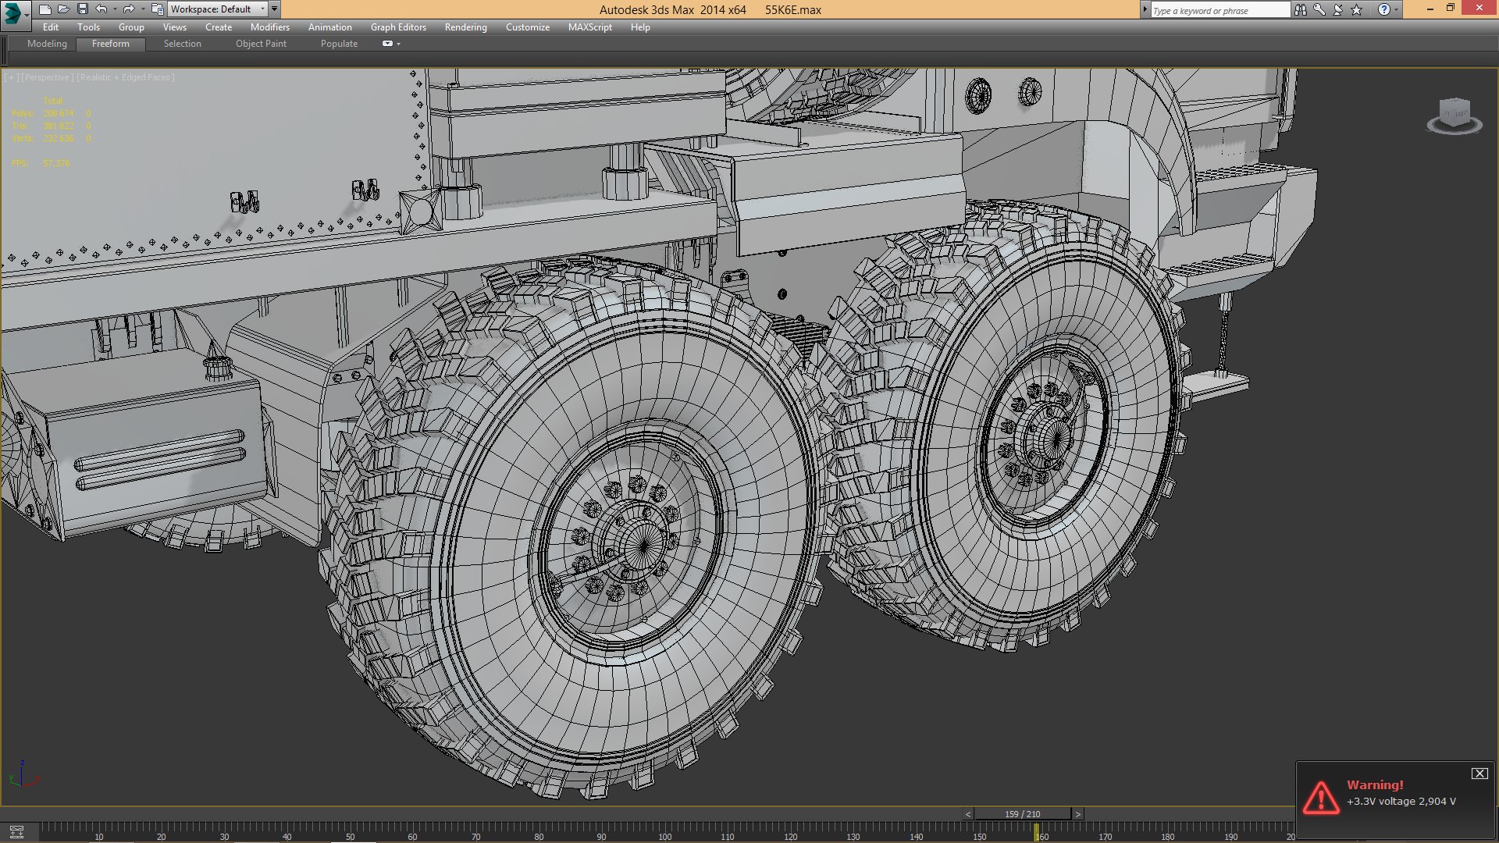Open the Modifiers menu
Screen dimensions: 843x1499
click(269, 27)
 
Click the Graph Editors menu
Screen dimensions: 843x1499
click(398, 27)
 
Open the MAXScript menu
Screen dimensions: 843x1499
click(589, 27)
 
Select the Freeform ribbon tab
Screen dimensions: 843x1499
click(111, 44)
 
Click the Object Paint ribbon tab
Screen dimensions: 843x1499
click(261, 44)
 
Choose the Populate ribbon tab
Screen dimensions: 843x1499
click(339, 44)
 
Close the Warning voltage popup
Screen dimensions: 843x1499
click(1479, 774)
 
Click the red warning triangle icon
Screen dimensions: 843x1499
click(1320, 798)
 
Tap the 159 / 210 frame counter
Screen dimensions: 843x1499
click(1022, 814)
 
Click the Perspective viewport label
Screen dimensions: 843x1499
click(47, 77)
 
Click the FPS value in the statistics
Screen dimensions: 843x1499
click(56, 163)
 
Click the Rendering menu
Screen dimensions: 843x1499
click(465, 27)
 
